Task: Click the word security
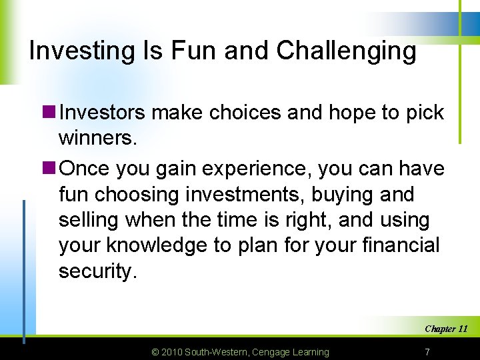(x=97, y=271)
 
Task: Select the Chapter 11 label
(x=445, y=329)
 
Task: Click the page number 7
(x=427, y=351)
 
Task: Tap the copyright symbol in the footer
(x=156, y=352)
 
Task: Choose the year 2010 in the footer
(x=173, y=352)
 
